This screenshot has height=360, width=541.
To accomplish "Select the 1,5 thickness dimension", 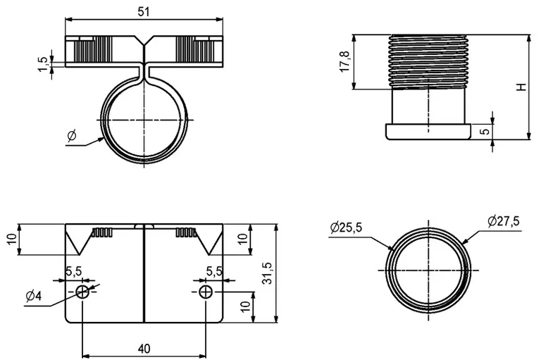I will click(x=43, y=63).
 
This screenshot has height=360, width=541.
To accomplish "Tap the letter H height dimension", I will click(x=521, y=87).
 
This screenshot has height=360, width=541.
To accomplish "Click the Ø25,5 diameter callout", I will click(x=346, y=227).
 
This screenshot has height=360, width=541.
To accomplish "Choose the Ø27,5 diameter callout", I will click(x=502, y=221).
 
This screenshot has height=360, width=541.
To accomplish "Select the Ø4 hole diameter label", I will click(x=33, y=296).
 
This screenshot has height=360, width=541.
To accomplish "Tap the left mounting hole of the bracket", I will click(x=83, y=292).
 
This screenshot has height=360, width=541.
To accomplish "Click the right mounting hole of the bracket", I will click(x=205, y=292).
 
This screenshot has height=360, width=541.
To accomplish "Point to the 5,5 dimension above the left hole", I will click(x=74, y=271).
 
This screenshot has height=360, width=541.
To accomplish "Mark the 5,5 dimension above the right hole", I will click(x=215, y=271).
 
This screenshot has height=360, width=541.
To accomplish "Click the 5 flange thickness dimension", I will click(x=504, y=132).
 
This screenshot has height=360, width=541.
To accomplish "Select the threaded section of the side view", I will click(x=426, y=61).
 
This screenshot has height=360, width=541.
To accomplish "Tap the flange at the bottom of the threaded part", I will click(x=428, y=132).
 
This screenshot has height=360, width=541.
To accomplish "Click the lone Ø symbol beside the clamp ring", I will click(x=71, y=135).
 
